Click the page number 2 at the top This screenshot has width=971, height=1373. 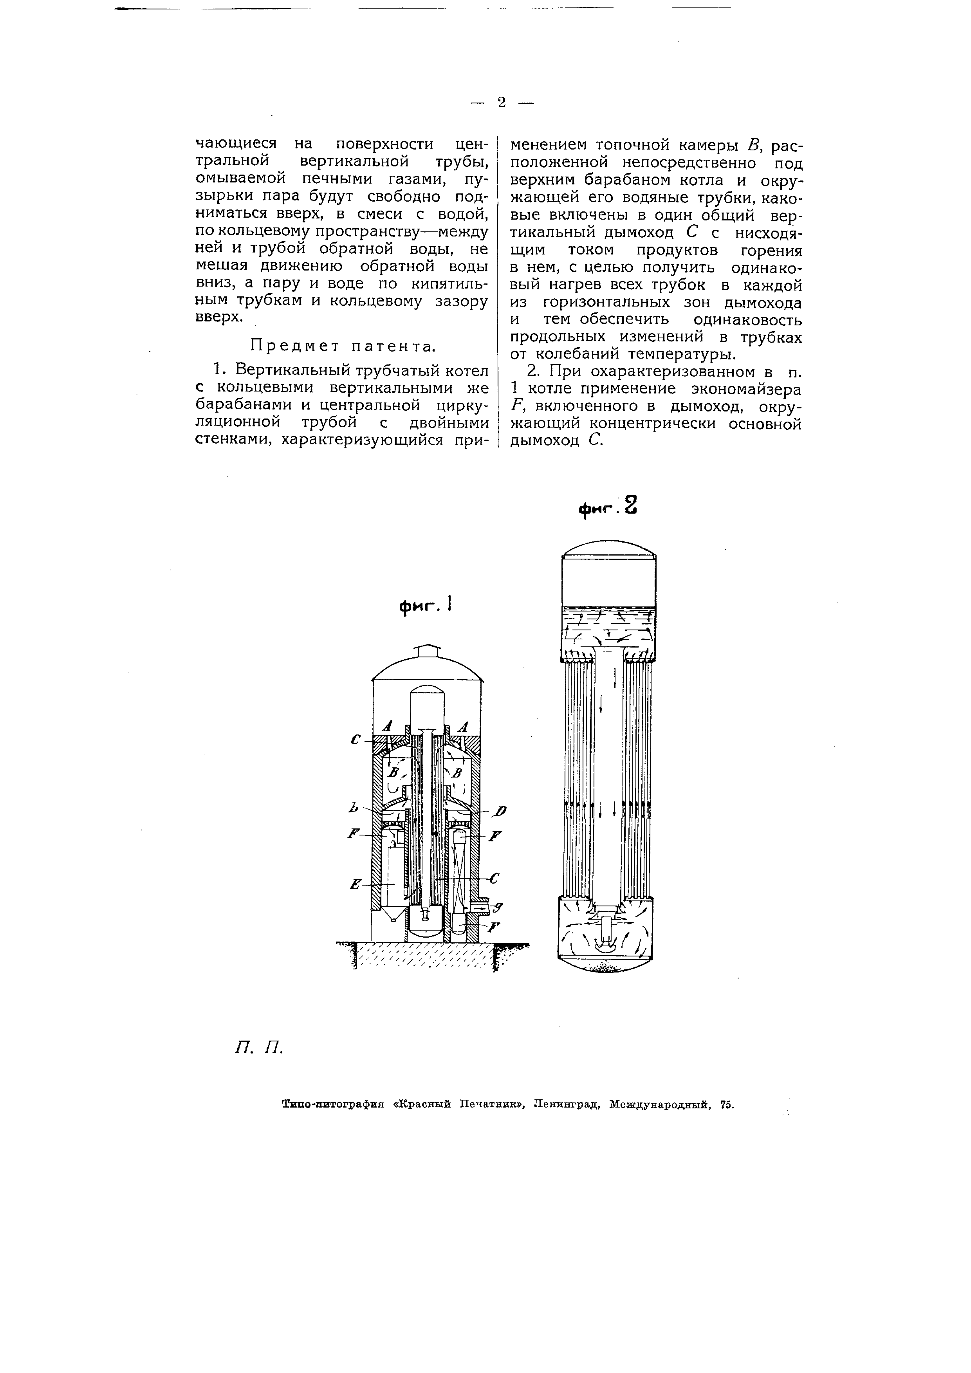tap(502, 103)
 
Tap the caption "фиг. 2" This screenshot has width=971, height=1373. tap(608, 508)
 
